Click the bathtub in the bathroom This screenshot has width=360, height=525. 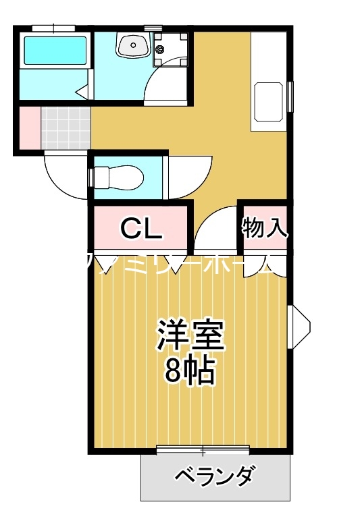pyautogui.click(x=55, y=51)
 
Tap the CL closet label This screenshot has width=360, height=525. pyautogui.click(x=141, y=229)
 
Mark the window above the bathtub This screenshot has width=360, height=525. pyautogui.click(x=53, y=28)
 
